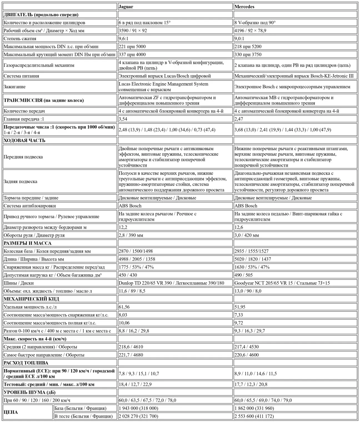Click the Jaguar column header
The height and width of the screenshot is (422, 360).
[126, 7]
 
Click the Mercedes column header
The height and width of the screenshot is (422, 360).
[244, 7]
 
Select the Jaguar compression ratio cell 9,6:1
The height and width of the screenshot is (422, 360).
[123, 39]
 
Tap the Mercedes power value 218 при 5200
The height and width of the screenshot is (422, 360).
[248, 47]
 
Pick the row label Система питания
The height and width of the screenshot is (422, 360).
[21, 76]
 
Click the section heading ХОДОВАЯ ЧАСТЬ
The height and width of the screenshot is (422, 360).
[24, 140]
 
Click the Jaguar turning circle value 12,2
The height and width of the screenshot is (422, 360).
[123, 227]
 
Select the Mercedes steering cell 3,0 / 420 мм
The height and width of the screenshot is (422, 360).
[247, 235]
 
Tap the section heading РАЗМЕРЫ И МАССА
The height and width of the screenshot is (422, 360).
[27, 243]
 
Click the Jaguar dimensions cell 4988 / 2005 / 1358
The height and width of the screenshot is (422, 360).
[137, 259]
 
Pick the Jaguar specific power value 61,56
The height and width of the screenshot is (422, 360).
[124, 307]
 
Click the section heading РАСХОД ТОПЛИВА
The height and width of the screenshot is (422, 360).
[26, 363]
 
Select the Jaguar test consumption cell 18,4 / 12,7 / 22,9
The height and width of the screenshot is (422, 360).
[135, 384]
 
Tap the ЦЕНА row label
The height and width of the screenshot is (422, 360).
[11, 412]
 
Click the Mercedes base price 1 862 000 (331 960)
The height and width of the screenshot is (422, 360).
[254, 408]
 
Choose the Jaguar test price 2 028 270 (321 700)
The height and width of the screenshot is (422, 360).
[138, 416]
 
